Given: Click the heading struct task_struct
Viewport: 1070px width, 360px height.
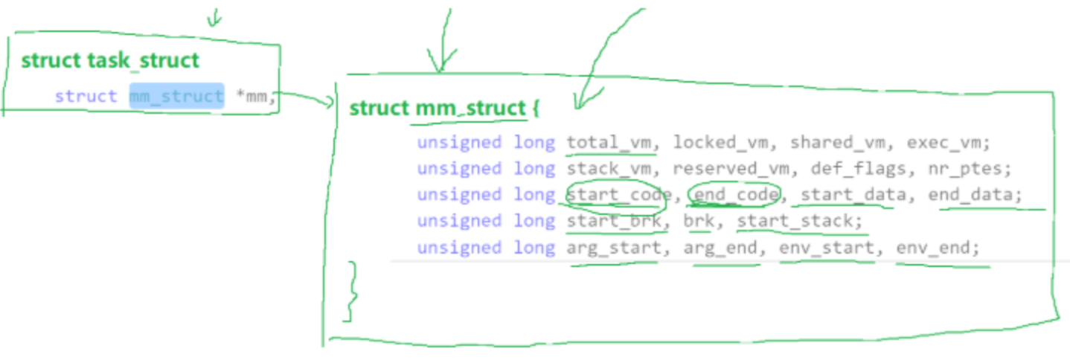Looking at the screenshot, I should point(110,60).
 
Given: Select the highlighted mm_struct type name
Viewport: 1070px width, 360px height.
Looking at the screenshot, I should point(176,96).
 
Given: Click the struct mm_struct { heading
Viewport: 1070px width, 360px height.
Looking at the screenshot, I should point(444,109).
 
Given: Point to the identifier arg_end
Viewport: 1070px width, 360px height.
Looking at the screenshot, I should point(721,247).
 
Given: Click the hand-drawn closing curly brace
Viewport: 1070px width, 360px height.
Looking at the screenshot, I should point(351,291).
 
